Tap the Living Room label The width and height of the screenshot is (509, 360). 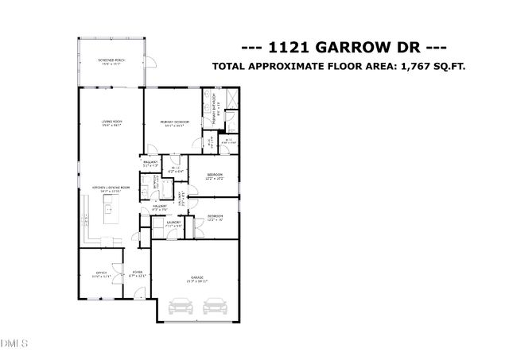pyautogui.click(x=111, y=122)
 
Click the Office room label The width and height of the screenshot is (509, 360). pyautogui.click(x=101, y=275)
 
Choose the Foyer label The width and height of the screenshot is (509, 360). pyautogui.click(x=137, y=275)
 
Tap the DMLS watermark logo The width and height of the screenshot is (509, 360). pyautogui.click(x=14, y=343)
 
